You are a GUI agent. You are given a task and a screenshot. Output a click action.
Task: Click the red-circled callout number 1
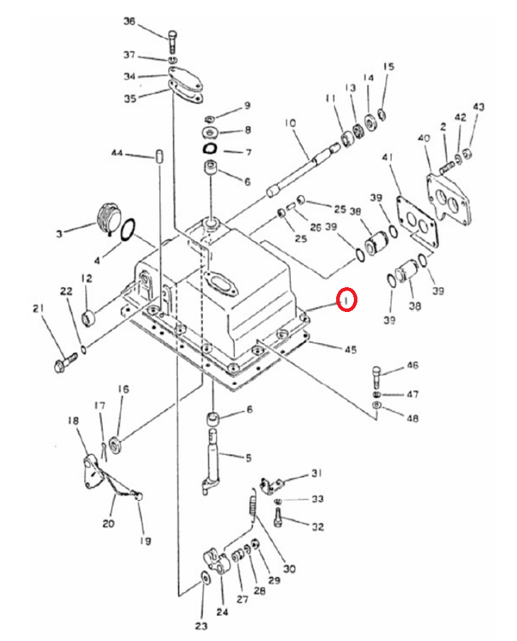346,301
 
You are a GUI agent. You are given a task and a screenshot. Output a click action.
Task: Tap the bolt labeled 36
172,41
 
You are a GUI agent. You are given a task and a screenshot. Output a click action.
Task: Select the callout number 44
117,153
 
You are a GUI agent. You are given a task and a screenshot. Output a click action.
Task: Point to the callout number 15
389,66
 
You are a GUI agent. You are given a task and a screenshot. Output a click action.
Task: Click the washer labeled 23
205,579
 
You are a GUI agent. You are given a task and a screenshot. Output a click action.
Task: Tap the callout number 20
109,523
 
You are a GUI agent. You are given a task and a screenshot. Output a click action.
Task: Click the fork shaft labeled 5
211,461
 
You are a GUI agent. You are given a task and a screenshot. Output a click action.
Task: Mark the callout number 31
317,473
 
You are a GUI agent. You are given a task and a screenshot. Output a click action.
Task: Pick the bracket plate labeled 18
92,472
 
